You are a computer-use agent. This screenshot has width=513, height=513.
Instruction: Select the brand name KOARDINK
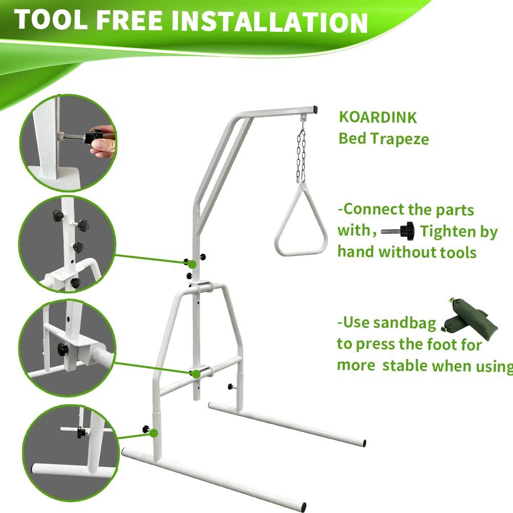pyautogui.click(x=378, y=117)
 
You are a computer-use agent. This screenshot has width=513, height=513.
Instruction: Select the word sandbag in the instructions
pyautogui.click(x=405, y=323)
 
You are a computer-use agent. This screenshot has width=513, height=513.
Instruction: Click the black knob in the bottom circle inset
pyautogui.click(x=81, y=432)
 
